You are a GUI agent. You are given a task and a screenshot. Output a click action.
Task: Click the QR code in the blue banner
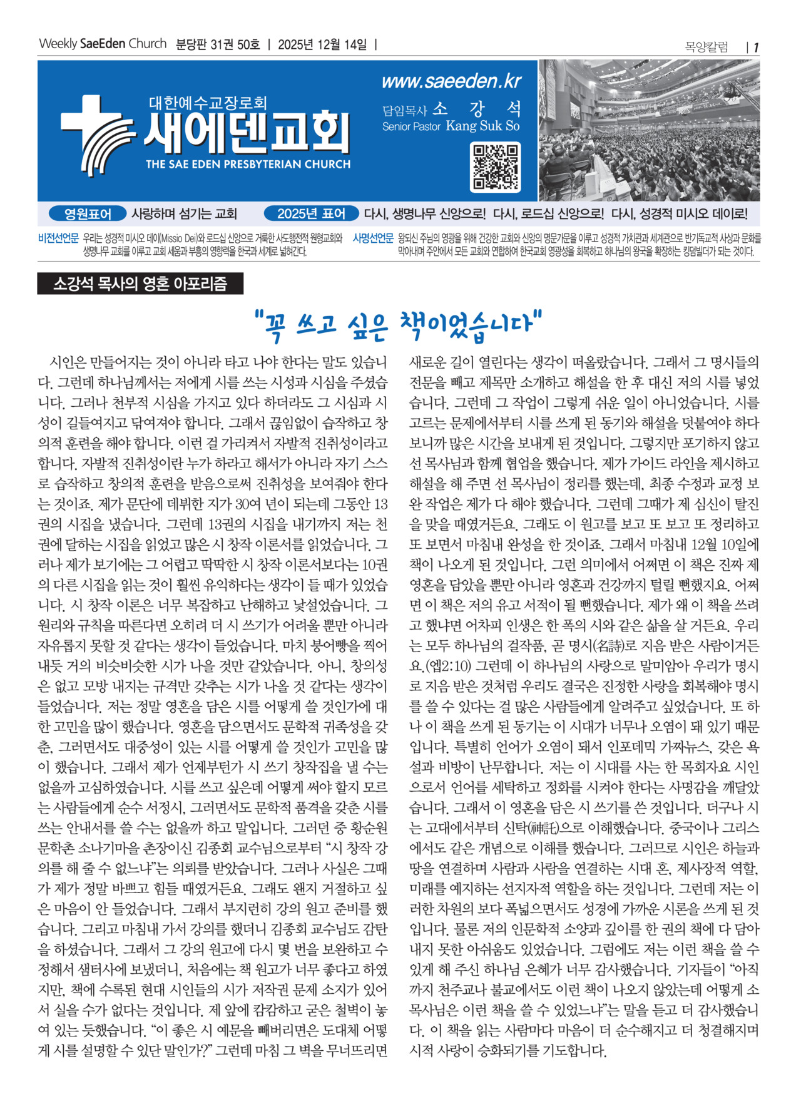point(495,167)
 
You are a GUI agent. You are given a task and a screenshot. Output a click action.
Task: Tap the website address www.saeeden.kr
point(451,81)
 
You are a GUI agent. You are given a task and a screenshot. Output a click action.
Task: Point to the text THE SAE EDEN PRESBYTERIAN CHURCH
point(248,165)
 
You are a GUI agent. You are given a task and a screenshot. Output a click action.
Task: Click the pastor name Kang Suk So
point(482,126)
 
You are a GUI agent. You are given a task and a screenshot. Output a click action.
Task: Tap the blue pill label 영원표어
point(88,214)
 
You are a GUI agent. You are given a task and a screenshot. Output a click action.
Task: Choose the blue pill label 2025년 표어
point(311,214)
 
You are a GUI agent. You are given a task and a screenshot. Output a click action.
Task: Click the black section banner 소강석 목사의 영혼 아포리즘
point(140,284)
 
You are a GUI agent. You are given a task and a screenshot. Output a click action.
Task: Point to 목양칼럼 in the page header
point(707,47)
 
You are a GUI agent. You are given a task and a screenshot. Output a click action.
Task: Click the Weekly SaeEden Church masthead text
point(103,44)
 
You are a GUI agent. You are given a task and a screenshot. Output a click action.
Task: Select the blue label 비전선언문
point(58,238)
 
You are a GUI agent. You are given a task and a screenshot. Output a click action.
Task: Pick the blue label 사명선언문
point(373,238)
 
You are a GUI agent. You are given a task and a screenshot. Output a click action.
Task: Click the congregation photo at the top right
point(649,130)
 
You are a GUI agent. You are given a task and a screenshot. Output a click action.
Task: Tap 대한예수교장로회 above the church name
point(208,103)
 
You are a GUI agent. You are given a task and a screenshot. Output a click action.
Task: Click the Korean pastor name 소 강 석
point(477,109)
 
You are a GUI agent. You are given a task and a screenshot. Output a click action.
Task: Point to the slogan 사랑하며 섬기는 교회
point(184,214)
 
